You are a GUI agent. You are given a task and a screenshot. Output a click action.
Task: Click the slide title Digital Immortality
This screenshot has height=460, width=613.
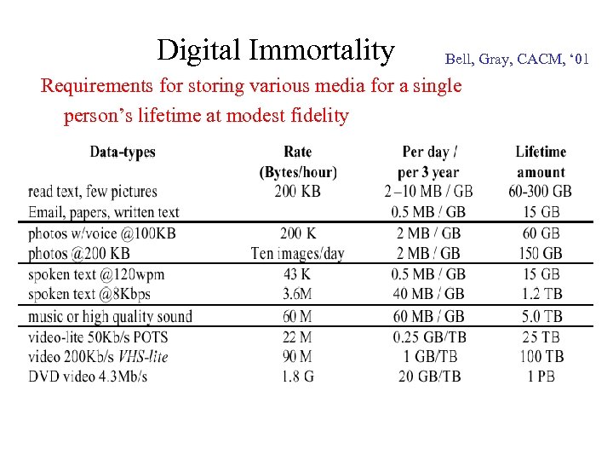click(275, 50)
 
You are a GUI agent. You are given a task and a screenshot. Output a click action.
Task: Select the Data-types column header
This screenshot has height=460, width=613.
click(123, 152)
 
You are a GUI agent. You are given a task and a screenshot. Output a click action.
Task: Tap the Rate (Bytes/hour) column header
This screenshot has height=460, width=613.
click(298, 162)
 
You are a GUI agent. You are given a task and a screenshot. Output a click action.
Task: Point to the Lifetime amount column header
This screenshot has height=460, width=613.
click(541, 162)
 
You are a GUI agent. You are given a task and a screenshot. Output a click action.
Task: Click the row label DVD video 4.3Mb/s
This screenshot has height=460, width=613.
click(89, 376)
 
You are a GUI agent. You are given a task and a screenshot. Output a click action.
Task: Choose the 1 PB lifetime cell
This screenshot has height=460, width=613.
click(541, 376)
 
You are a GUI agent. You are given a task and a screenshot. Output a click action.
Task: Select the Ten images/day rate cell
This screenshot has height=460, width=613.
click(298, 253)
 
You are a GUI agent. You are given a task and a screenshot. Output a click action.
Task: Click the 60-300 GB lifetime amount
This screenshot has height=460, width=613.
click(541, 191)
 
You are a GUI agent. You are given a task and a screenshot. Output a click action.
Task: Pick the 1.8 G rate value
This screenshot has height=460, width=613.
click(298, 376)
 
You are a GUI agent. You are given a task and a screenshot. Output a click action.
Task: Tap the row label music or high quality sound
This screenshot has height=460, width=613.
click(111, 316)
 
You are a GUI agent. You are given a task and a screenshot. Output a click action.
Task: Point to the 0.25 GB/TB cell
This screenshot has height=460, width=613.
click(430, 336)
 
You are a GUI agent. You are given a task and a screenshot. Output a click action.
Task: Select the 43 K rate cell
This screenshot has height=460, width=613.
click(298, 274)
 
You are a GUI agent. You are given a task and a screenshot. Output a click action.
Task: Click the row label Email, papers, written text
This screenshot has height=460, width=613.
click(104, 211)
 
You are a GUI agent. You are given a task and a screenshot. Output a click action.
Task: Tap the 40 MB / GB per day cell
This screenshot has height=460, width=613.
click(430, 294)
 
